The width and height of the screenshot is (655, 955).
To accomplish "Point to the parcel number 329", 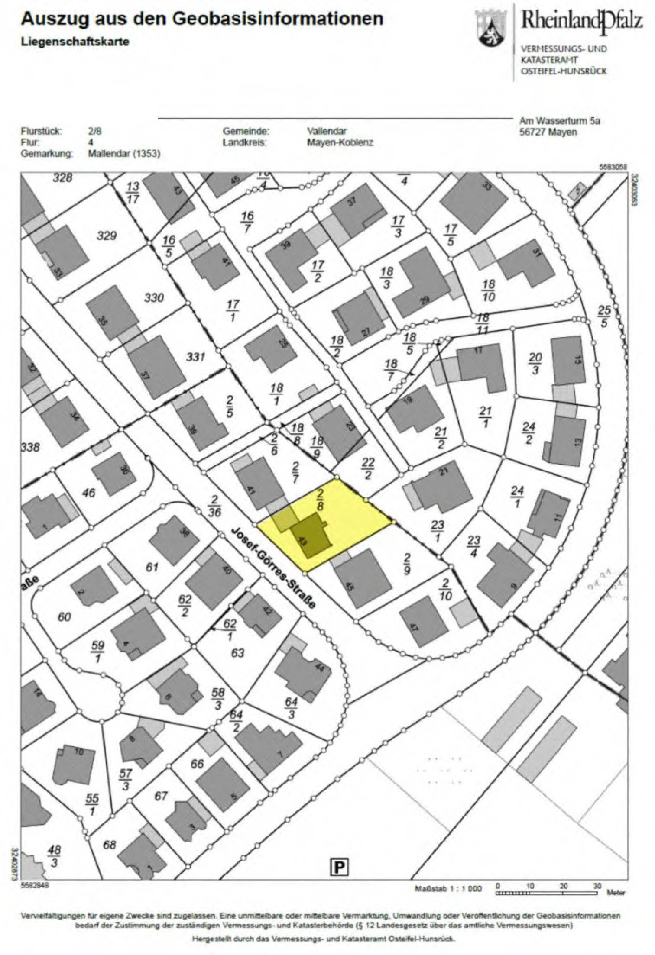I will [107, 236].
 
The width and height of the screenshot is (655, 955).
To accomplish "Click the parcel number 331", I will [195, 357].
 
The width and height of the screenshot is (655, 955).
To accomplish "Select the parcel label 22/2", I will [368, 469].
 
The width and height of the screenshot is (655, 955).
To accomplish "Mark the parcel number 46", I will [89, 492].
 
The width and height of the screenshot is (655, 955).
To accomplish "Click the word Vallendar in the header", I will [327, 131].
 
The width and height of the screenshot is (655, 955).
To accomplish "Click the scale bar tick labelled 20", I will [564, 886].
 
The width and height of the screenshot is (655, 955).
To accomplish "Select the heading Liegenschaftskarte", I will [75, 42].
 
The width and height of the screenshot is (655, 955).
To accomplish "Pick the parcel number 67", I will [161, 796].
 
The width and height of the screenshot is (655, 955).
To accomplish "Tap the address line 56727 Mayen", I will [548, 132].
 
